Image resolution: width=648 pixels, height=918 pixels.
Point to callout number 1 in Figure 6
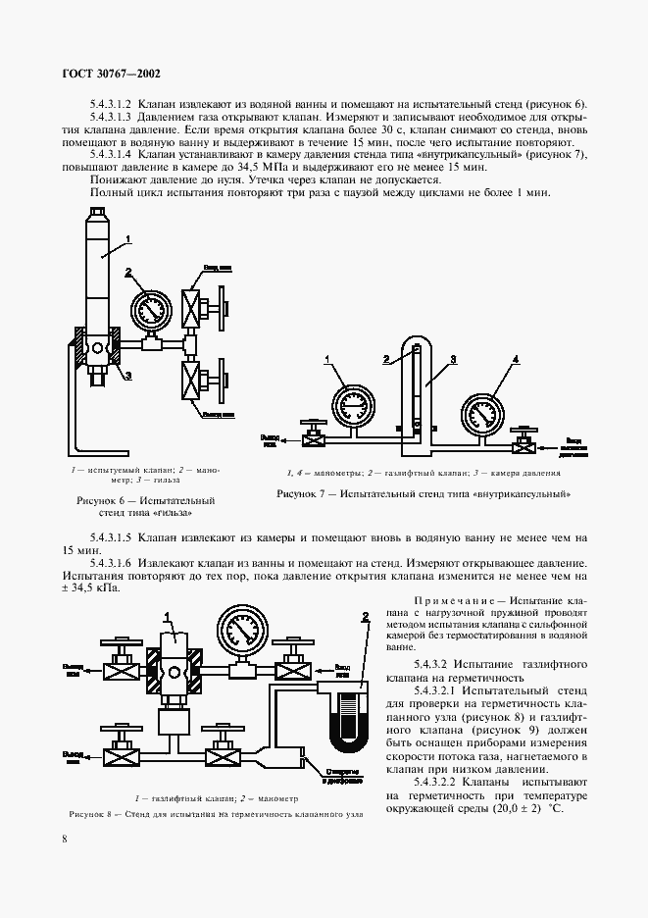128,238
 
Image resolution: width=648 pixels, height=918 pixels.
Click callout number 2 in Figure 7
388,360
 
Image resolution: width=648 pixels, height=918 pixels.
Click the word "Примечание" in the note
460,598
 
